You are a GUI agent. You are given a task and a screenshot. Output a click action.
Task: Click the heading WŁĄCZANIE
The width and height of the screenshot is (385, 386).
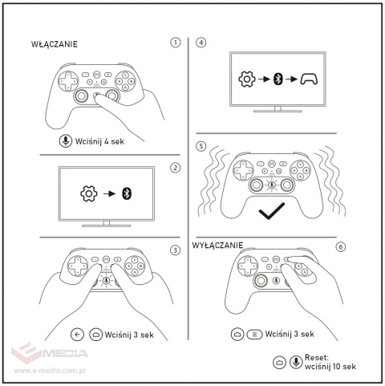click(x=55, y=44)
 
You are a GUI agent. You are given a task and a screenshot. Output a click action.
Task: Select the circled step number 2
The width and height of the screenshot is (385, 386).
click(x=176, y=169)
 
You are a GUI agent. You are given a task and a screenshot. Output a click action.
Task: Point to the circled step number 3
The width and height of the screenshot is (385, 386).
click(x=176, y=250)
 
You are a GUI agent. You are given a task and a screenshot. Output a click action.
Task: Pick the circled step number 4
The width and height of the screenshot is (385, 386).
click(x=201, y=43)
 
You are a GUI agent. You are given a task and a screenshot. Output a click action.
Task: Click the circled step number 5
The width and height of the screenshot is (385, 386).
click(x=201, y=148)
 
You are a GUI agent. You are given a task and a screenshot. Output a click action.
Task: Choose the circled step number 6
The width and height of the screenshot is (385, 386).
click(x=341, y=246)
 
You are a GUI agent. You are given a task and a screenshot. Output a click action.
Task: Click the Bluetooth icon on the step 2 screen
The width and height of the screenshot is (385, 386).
click(x=125, y=194)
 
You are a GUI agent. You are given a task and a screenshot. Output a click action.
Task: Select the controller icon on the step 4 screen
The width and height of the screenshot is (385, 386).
click(x=309, y=79)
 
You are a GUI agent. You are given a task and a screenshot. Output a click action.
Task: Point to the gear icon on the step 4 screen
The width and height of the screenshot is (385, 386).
click(x=246, y=79)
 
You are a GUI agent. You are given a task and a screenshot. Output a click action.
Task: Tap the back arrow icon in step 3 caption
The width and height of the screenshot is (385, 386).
click(x=78, y=334)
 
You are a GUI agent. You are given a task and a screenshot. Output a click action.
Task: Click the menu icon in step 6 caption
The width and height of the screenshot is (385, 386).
click(x=253, y=334)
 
